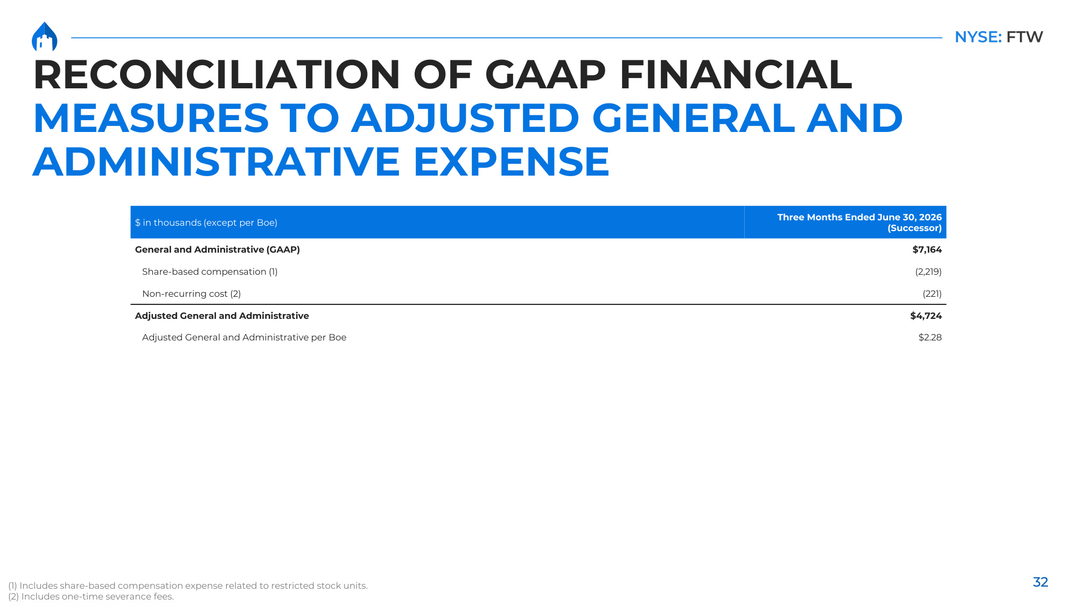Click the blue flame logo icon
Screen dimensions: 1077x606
[44, 37]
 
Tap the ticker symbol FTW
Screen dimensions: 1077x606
[1024, 37]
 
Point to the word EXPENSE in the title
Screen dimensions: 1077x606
[511, 162]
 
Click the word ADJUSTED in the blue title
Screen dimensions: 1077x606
[465, 118]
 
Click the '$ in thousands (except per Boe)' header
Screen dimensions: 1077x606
[206, 222]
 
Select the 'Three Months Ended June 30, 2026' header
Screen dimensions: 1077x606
[859, 217]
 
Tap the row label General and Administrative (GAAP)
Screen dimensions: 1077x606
[218, 249]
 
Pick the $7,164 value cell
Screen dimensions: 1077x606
[927, 249]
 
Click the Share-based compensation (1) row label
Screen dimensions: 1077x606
[210, 271]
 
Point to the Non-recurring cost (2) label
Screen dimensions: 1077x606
[191, 294]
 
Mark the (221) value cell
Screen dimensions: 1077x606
[932, 294]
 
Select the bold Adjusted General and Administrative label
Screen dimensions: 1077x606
[222, 316]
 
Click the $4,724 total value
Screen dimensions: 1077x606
[926, 316]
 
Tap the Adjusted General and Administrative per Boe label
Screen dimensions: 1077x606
[244, 337]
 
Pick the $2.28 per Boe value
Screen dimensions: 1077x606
[930, 337]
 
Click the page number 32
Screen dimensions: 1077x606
[1040, 582]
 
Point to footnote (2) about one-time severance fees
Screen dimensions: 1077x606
[91, 596]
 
